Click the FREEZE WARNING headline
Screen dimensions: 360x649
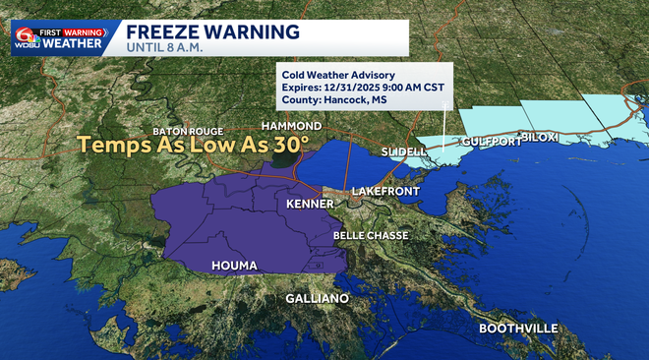[212, 30]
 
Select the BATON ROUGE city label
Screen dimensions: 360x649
[189, 131]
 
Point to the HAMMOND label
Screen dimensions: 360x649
[291, 127]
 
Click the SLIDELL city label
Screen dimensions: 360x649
[404, 152]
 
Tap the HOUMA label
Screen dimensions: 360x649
[235, 267]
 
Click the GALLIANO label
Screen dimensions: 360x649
[317, 298]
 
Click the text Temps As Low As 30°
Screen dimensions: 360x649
[194, 146]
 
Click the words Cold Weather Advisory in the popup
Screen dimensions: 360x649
[337, 75]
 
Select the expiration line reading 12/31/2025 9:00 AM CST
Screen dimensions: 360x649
[358, 88]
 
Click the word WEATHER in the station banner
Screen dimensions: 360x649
[78, 43]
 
